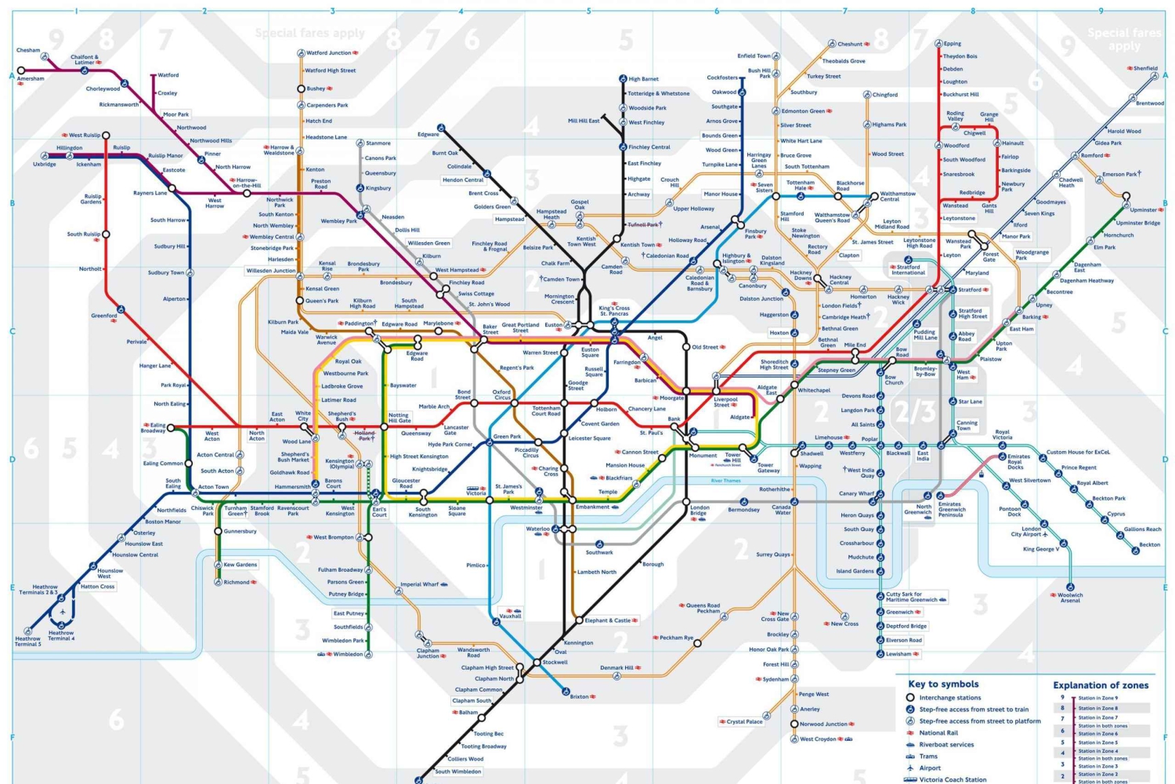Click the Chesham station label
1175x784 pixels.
point(28,50)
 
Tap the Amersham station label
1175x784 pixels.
point(31,78)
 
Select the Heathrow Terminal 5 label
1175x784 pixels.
point(27,641)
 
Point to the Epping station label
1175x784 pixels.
point(952,44)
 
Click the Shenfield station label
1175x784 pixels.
point(1145,68)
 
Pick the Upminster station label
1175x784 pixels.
point(1143,209)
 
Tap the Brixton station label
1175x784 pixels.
point(579,696)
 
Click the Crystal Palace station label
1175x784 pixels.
point(744,721)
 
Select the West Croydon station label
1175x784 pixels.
point(818,739)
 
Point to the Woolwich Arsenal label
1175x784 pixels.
point(1070,598)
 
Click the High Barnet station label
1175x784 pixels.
point(643,79)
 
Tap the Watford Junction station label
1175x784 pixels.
point(329,53)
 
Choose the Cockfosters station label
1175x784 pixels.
point(722,78)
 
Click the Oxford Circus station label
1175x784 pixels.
point(501,394)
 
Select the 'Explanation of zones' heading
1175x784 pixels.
point(1101,685)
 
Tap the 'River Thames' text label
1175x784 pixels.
point(725,481)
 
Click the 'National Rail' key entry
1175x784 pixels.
point(938,733)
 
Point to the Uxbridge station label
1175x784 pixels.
point(45,164)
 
